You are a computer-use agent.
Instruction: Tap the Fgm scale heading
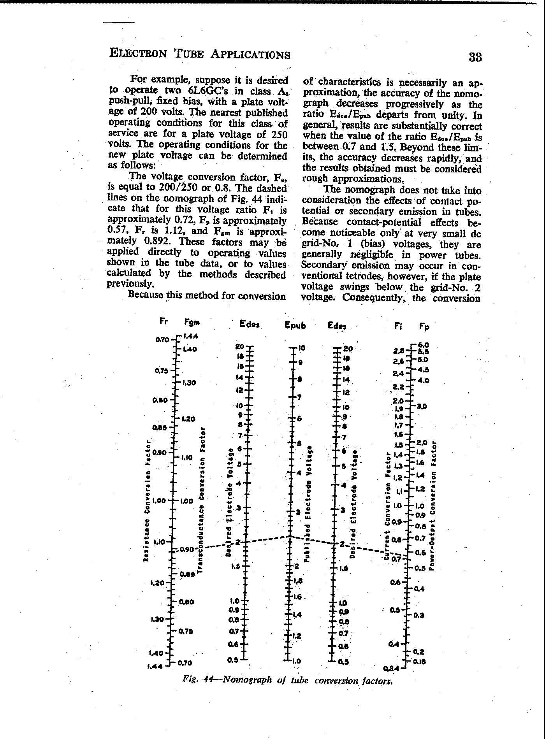[192, 322]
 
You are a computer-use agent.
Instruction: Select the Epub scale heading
[295, 325]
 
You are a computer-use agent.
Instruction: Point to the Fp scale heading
[424, 327]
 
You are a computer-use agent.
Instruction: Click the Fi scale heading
[397, 326]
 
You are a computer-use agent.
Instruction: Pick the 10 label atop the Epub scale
[302, 348]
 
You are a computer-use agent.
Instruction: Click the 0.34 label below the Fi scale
[391, 669]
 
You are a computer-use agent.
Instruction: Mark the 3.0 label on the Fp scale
[422, 406]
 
